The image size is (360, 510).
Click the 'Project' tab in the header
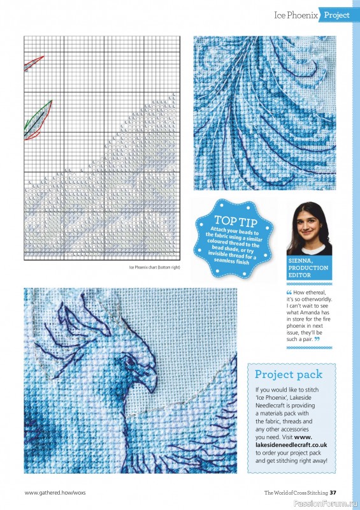coord(338,15)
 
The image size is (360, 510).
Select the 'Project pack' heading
coord(289,374)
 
